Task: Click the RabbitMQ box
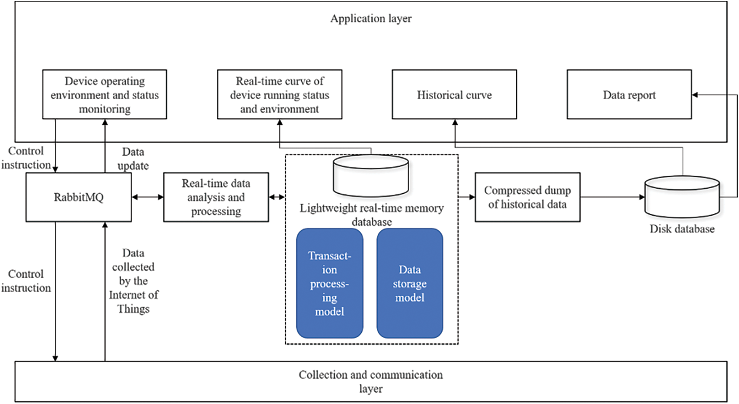click(x=79, y=197)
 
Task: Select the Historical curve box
click(x=454, y=95)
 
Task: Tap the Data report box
click(x=629, y=95)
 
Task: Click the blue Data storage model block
click(x=410, y=283)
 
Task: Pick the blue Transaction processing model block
click(x=330, y=283)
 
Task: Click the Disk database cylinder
click(x=682, y=197)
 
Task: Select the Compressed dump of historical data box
click(x=527, y=197)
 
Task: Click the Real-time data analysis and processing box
click(x=216, y=197)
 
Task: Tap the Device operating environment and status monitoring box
click(x=104, y=95)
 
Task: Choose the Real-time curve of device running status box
click(x=280, y=95)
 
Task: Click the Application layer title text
click(x=371, y=19)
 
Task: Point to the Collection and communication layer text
click(x=371, y=381)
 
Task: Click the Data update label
click(x=133, y=159)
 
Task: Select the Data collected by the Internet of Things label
click(x=133, y=281)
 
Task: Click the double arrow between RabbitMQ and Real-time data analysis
click(x=147, y=197)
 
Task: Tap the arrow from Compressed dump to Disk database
click(x=612, y=197)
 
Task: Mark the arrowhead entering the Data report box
click(x=695, y=95)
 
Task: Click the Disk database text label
click(x=682, y=229)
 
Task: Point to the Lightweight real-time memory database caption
click(x=371, y=215)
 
